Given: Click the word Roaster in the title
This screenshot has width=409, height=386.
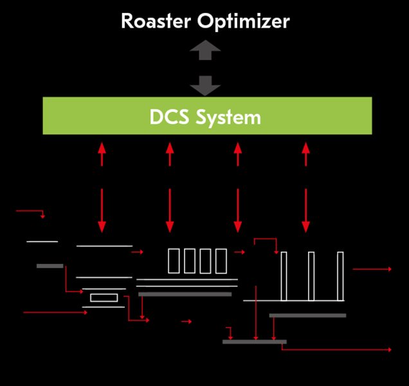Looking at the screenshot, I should pyautogui.click(x=156, y=21).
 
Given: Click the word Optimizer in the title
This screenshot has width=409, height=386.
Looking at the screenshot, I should pyautogui.click(x=244, y=22).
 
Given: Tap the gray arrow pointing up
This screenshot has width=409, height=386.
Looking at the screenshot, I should pyautogui.click(x=205, y=50).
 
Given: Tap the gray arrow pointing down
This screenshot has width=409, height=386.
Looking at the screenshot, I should pyautogui.click(x=205, y=85).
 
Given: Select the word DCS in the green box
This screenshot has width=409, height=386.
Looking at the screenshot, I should pyautogui.click(x=170, y=117).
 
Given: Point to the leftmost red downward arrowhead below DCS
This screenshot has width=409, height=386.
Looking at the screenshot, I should pyautogui.click(x=102, y=226).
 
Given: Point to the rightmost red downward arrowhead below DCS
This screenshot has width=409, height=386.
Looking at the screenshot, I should pyautogui.click(x=305, y=226).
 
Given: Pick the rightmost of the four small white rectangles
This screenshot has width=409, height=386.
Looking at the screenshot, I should pyautogui.click(x=221, y=261).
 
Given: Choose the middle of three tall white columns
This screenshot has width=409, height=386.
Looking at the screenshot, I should pyautogui.click(x=311, y=276).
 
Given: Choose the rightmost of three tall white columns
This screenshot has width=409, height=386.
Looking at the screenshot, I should pyautogui.click(x=340, y=276).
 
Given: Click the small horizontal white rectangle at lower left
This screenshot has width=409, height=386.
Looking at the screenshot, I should pyautogui.click(x=104, y=297).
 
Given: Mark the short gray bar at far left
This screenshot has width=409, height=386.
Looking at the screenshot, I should pyautogui.click(x=50, y=266).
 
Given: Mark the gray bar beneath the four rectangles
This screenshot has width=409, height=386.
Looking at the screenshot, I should pyautogui.click(x=185, y=294).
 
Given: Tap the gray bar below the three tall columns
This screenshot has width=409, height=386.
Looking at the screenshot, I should pyautogui.click(x=307, y=315).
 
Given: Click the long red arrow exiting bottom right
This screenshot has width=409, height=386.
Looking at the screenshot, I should pyautogui.click(x=337, y=349).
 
